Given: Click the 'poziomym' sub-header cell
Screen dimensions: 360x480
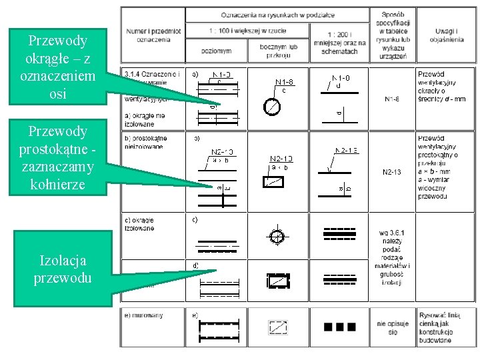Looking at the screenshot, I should coord(216,51).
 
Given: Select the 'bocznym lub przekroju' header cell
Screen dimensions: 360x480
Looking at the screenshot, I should coord(278,51).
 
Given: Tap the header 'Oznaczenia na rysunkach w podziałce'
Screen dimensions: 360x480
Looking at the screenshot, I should coord(278,14).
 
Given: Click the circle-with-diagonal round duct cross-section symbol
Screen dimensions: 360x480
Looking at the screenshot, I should coord(271,106).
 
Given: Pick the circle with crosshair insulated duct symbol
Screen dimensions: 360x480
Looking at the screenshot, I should coord(277,236).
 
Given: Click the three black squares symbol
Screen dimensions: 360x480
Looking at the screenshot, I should coord(339,327).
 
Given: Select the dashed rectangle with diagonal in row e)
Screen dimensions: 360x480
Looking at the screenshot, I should coord(277,327).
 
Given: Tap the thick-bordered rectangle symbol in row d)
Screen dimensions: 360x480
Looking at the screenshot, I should coord(277,281).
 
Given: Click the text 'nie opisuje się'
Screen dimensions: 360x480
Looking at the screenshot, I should coord(392,327).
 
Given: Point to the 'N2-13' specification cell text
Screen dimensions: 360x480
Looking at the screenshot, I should coord(392,172).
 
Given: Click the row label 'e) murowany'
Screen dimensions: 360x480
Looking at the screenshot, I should coord(144,315).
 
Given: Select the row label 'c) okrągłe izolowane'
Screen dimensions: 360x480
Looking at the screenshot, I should coord(140,224).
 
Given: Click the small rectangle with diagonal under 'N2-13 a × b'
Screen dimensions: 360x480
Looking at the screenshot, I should coord(277,182).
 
